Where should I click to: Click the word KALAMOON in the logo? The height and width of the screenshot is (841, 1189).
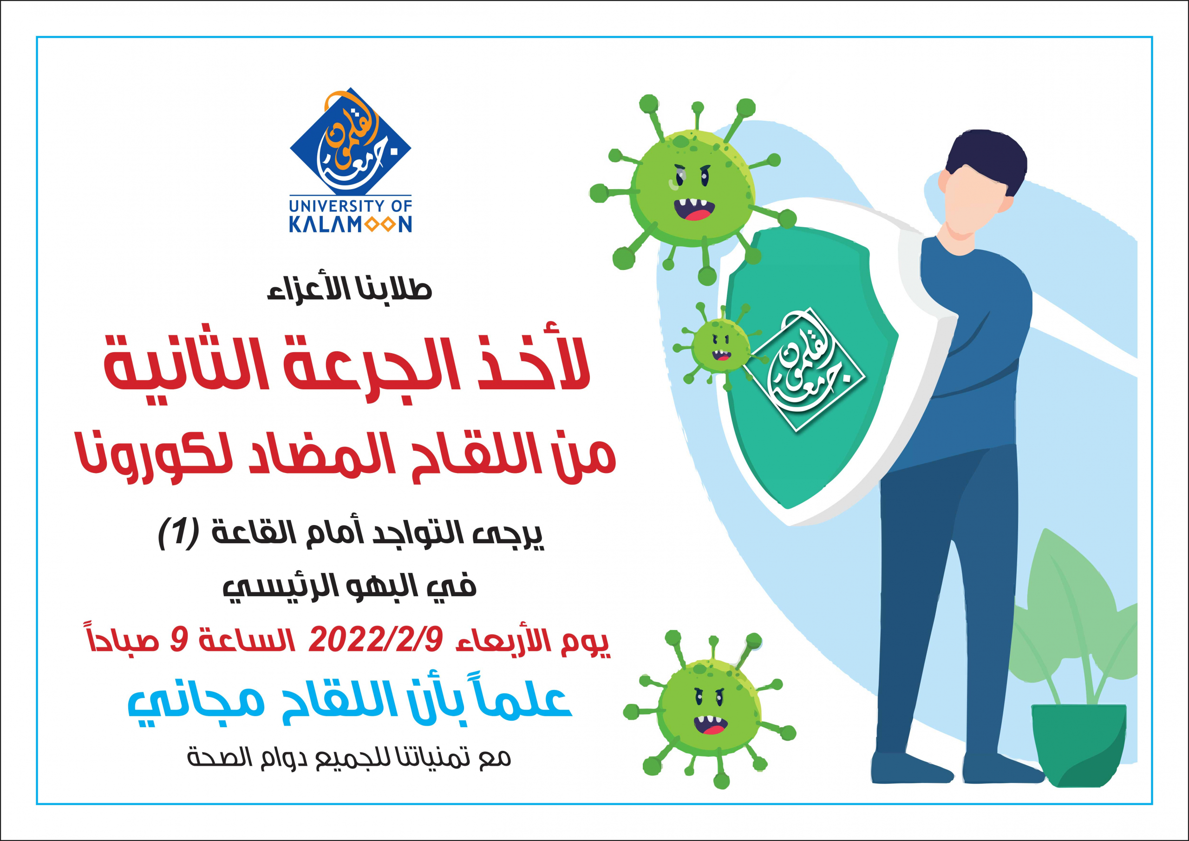pos(351,224)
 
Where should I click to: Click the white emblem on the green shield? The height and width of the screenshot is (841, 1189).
pos(801,370)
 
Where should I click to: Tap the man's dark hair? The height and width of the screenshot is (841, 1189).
pos(986,158)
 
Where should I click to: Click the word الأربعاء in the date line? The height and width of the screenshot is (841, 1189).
pos(498,642)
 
